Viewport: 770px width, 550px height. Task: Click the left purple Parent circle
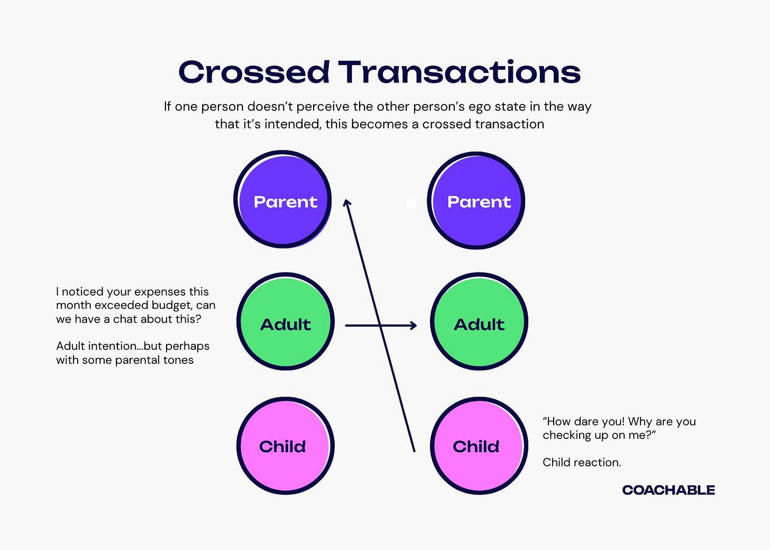(283, 200)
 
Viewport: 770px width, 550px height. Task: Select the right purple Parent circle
(476, 201)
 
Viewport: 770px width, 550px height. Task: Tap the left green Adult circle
(286, 322)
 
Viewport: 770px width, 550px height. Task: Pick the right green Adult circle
(479, 322)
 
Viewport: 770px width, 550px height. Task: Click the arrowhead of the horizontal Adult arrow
(414, 326)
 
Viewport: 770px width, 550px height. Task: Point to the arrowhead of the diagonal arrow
(347, 203)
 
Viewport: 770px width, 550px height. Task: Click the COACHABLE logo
(668, 490)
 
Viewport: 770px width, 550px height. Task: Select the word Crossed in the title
(254, 72)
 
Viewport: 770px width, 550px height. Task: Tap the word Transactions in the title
(459, 72)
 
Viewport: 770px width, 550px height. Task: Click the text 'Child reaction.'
(582, 462)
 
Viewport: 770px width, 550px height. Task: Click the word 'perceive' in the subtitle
(323, 107)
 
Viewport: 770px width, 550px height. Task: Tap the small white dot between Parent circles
(411, 204)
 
